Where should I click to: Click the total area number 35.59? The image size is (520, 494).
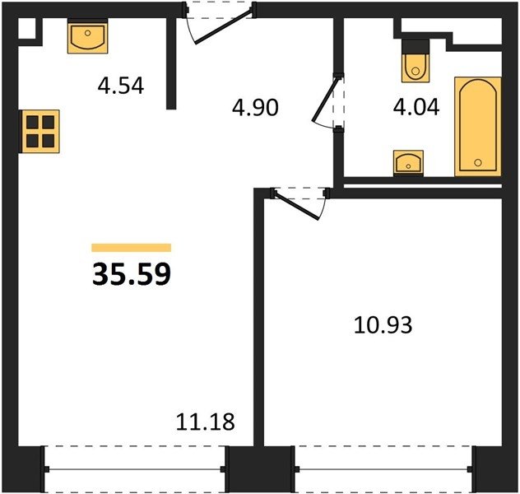pos(132,274)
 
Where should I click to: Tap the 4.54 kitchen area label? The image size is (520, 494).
pos(121,86)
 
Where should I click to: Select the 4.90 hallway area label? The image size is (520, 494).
pos(255,108)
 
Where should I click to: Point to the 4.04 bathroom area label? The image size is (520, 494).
pos(416,107)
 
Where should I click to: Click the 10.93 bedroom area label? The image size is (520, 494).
pos(383,324)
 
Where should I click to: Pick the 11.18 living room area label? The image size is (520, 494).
pos(205,422)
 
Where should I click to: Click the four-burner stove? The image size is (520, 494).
pos(40,132)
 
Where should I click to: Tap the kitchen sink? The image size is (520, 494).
pos(87,37)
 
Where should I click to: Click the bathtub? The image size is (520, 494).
pos(478,126)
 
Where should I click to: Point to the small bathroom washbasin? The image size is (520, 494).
pos(408,162)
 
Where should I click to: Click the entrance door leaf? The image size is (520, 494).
pos(223,27)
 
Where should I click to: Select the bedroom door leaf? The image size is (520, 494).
pos(297,206)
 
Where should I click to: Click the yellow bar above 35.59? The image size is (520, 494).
pos(132,248)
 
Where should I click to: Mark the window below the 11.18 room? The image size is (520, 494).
pos(135,469)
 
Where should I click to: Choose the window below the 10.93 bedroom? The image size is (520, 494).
pos(383,469)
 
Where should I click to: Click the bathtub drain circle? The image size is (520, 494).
pos(478,162)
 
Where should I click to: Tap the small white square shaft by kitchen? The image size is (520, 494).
pos(26,29)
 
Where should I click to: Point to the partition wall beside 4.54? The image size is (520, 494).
pos(171,63)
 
